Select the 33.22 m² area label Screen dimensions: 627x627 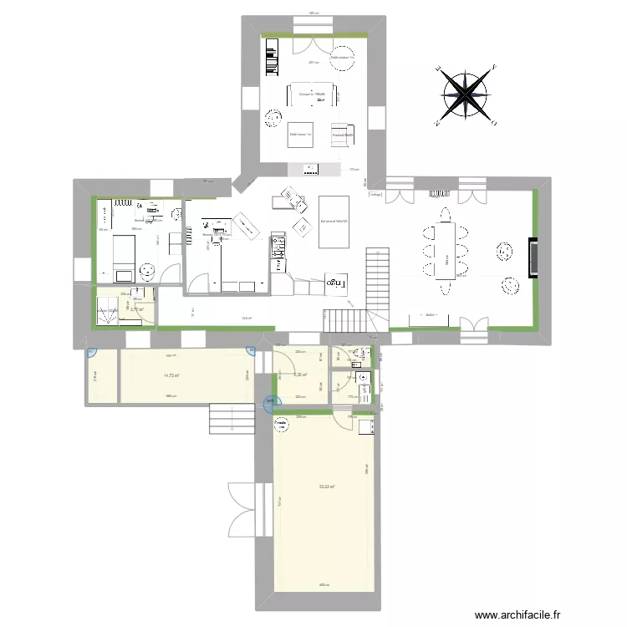(327, 487)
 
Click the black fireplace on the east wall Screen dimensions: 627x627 (532, 257)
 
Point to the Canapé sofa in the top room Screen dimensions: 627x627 (312, 93)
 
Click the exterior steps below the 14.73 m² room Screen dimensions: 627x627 (231, 419)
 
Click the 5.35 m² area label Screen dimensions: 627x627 (302, 375)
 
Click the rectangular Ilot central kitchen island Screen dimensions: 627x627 (335, 222)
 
